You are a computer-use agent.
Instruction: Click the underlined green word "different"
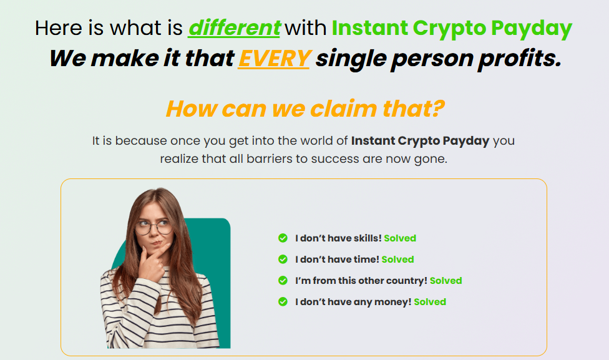coord(234,28)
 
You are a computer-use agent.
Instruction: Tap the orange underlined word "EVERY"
coord(274,59)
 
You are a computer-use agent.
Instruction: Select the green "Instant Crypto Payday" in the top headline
coord(452,29)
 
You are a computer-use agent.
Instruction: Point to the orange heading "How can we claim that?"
coord(305,109)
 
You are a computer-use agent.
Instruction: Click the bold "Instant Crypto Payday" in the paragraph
coord(420,141)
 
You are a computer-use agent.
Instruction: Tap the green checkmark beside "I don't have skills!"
coord(283,238)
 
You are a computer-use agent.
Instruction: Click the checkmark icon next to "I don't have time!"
coord(283,259)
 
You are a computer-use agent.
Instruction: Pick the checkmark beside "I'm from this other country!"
coord(283,280)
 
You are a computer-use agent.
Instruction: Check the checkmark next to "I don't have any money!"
coord(283,302)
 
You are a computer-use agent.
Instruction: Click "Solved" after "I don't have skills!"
coord(400,238)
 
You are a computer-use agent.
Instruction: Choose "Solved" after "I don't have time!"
coord(397,260)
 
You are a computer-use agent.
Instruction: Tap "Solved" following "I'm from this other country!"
coord(446,281)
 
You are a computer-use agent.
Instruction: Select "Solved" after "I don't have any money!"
coord(430,302)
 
